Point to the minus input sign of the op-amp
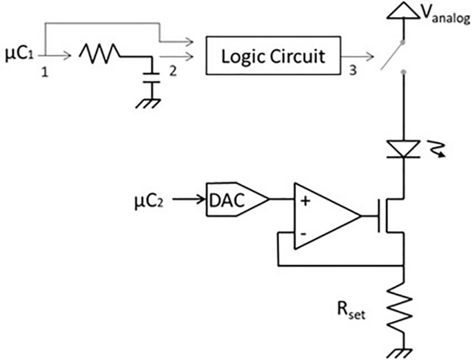click(x=303, y=234)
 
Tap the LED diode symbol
click(x=403, y=147)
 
